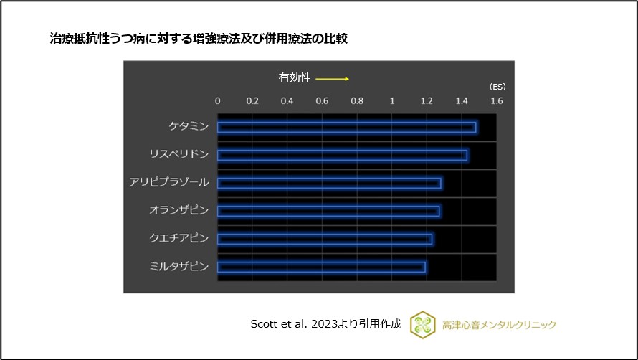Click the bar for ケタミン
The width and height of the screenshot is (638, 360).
click(x=346, y=127)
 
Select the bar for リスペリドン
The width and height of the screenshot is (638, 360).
click(x=342, y=155)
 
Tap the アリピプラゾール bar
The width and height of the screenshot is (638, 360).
click(x=329, y=183)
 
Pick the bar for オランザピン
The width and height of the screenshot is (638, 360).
click(x=328, y=211)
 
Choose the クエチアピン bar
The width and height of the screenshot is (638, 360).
click(x=324, y=239)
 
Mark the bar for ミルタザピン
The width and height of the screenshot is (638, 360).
click(x=321, y=267)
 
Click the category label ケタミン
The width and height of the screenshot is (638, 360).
click(x=189, y=127)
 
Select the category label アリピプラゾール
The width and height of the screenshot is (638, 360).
click(x=169, y=183)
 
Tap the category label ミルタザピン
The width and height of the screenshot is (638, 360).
click(x=179, y=267)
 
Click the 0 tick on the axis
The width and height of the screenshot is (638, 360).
click(x=218, y=101)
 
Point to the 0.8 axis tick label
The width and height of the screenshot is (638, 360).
click(x=357, y=101)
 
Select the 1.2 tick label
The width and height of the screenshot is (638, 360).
click(x=427, y=101)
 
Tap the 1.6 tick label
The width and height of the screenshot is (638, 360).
click(x=496, y=101)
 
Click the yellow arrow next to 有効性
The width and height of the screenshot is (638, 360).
click(x=332, y=78)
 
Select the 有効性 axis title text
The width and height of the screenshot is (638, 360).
click(x=295, y=78)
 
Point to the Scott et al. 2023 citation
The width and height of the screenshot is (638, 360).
click(x=325, y=324)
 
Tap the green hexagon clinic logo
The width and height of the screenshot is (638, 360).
click(x=423, y=324)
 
